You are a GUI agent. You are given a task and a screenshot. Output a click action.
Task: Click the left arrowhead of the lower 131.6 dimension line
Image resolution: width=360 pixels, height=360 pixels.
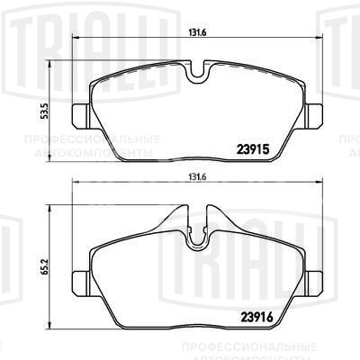coord(74,184)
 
